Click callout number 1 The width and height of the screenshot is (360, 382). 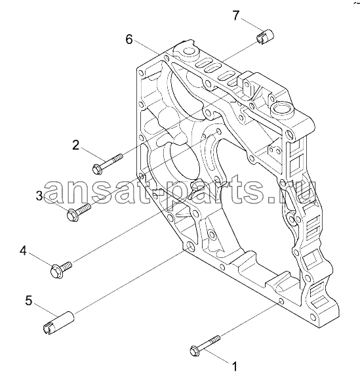click(235, 366)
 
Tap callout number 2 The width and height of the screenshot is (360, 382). click(75, 145)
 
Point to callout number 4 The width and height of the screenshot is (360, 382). click(23, 251)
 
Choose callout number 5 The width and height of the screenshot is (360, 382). click(29, 301)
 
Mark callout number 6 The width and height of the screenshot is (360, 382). click(129, 39)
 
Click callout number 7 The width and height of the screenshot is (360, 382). click(236, 16)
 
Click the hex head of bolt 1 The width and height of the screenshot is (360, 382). click(195, 350)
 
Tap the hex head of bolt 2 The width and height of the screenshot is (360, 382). click(98, 169)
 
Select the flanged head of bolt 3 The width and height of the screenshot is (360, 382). click(72, 215)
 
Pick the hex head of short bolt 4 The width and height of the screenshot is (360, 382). click(57, 271)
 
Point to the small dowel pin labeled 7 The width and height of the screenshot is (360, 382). click(265, 37)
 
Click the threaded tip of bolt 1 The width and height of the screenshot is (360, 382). click(216, 339)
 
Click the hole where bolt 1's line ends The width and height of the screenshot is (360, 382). click(281, 302)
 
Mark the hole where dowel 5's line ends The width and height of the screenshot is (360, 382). click(190, 246)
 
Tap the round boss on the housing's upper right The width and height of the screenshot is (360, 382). click(283, 110)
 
